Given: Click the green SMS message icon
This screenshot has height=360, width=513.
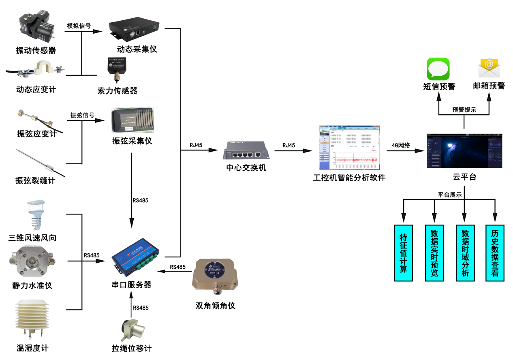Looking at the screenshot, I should pyautogui.click(x=438, y=69).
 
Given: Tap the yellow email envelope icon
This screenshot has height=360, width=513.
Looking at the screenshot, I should pyautogui.click(x=489, y=68).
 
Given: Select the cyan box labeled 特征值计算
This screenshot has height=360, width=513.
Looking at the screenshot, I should pyautogui.click(x=403, y=253).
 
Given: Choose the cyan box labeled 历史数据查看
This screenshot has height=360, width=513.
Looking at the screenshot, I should pyautogui.click(x=495, y=253).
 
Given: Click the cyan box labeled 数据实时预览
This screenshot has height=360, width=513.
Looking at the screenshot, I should pyautogui.click(x=434, y=253).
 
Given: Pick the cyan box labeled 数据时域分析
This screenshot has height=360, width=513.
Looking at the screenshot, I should pyautogui.click(x=465, y=253).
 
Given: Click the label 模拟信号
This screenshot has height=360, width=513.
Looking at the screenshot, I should pyautogui.click(x=79, y=26).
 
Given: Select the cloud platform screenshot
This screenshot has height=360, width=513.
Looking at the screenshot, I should pyautogui.click(x=464, y=151).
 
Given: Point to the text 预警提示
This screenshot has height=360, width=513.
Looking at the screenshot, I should pyautogui.click(x=464, y=110).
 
